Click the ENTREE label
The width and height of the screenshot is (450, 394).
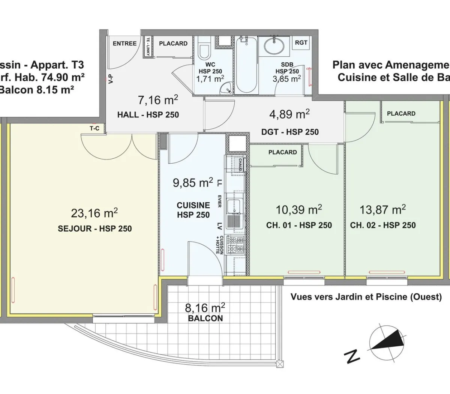click(x=124, y=44)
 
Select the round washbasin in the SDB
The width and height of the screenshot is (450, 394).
click(x=274, y=46)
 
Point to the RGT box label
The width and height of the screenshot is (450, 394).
click(x=301, y=42)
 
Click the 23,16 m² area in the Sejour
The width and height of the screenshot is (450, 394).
click(x=94, y=213)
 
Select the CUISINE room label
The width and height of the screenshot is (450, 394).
click(x=193, y=205)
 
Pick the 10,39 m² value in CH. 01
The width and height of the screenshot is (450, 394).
click(x=298, y=209)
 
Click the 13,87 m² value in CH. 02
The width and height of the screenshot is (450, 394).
click(x=382, y=209)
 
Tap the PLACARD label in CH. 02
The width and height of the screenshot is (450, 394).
click(x=401, y=113)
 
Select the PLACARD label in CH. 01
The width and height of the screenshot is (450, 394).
click(x=282, y=152)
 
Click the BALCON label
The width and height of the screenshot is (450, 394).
click(x=206, y=318)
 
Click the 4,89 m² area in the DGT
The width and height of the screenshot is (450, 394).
click(x=289, y=114)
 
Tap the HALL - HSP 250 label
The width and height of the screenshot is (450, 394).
click(x=148, y=115)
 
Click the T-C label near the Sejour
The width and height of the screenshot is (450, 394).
click(x=94, y=128)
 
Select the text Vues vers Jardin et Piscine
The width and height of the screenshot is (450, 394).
click(x=366, y=297)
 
